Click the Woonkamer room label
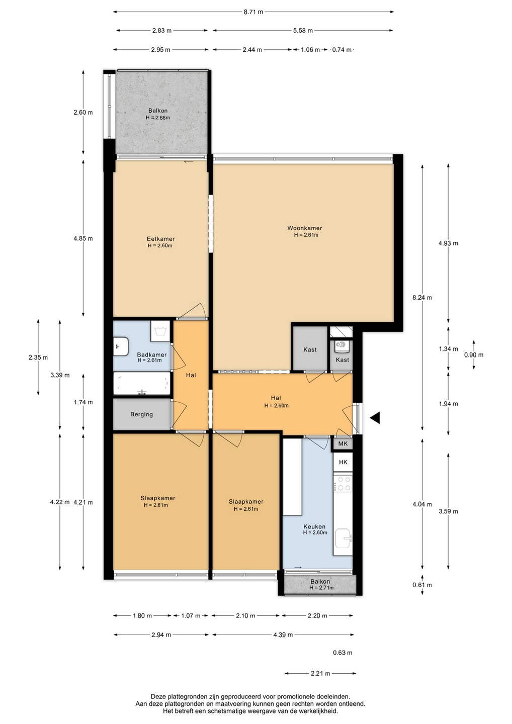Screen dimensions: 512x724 point(304,228)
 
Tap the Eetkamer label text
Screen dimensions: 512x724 point(160,239)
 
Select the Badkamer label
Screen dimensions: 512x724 point(151,354)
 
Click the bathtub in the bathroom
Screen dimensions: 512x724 point(141,383)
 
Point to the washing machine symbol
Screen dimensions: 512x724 point(160,331)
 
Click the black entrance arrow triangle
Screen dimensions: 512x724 point(375,418)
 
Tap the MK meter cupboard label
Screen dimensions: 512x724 point(343,444)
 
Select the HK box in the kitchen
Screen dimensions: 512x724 point(343,462)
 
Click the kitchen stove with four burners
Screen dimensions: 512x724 point(343,484)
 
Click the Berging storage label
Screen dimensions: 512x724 point(141,414)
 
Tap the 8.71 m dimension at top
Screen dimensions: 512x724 point(253,12)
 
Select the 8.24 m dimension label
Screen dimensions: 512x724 point(422,298)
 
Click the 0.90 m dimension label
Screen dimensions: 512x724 point(474,355)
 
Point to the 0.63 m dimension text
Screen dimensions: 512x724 point(343,653)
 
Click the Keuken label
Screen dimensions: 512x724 point(314,526)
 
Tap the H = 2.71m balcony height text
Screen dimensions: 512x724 point(321,588)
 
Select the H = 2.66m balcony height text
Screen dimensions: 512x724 point(158,118)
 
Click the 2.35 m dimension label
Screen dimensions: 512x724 point(38,357)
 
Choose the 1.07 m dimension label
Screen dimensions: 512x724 point(191,616)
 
